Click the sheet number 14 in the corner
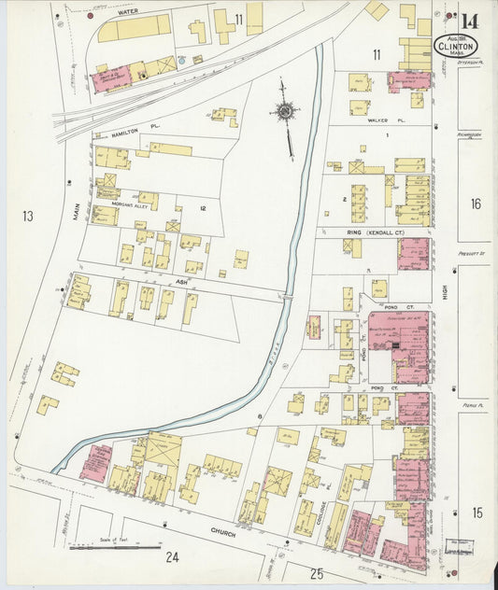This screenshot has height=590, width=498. tap(469, 21)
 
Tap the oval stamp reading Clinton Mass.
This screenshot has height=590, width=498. tap(456, 45)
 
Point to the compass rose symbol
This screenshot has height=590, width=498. tap(284, 112)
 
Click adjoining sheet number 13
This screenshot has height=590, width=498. tap(28, 217)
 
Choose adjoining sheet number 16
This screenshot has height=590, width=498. tap(476, 204)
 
